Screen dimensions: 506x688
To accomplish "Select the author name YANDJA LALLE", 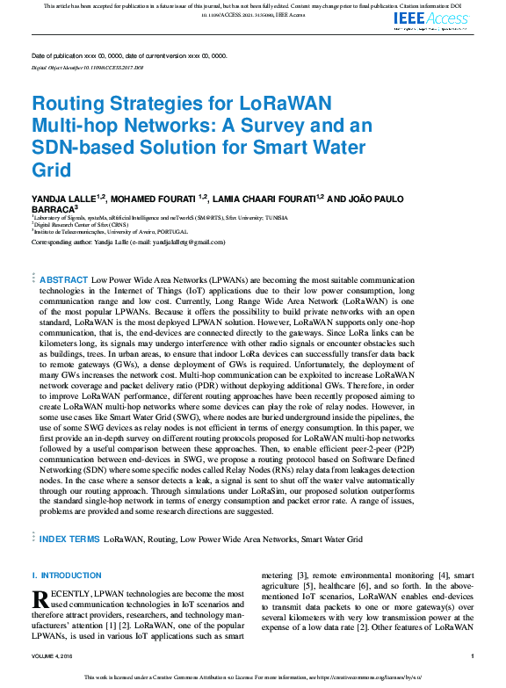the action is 61,199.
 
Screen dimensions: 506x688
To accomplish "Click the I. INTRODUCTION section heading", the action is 65,576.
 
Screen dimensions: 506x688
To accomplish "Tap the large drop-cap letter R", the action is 40,600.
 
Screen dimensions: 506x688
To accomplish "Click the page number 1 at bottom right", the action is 473,656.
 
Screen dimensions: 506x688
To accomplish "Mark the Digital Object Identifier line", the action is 87,67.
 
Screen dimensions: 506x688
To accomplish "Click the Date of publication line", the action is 128,54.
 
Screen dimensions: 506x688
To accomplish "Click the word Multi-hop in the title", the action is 77,124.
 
